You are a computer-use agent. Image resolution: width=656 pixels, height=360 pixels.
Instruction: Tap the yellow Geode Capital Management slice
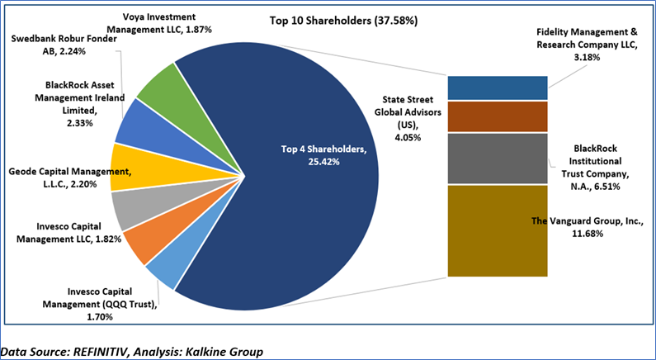pos(129,165)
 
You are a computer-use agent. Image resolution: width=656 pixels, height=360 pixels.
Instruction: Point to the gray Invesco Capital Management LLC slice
pos(130,208)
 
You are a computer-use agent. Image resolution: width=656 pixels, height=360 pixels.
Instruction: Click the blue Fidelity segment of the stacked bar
pos(498,88)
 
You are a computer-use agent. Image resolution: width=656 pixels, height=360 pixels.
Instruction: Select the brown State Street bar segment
pos(498,116)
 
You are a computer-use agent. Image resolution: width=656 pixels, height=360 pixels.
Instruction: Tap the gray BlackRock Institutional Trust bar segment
pos(498,158)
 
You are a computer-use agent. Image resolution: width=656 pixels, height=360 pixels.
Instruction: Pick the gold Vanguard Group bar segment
pos(498,231)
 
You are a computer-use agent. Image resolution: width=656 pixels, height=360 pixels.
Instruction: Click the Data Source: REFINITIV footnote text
pos(132,352)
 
